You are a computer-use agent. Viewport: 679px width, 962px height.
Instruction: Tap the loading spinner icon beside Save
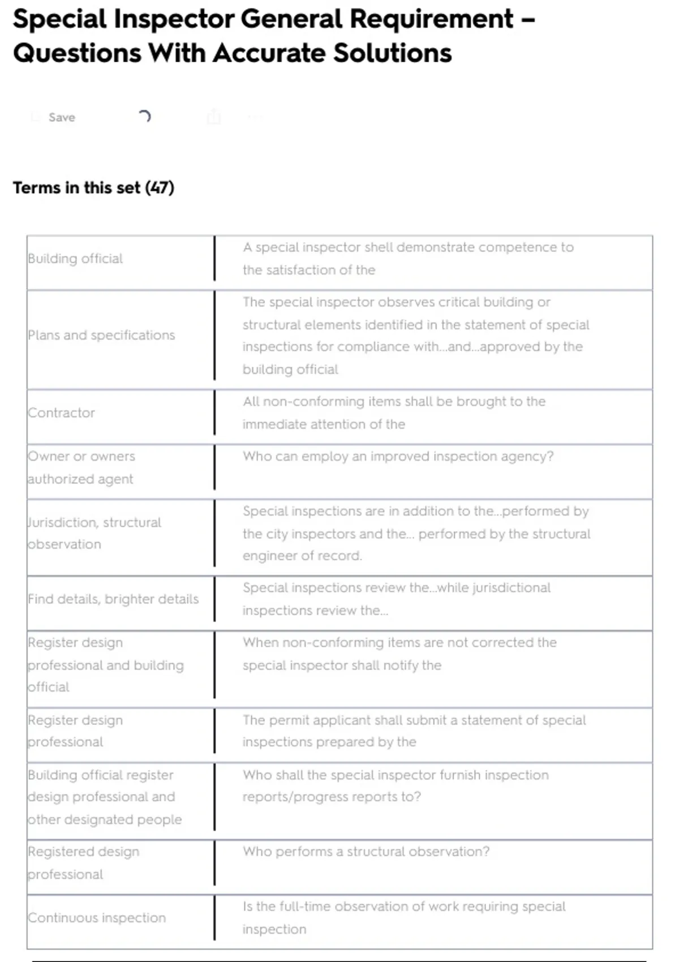coord(144,117)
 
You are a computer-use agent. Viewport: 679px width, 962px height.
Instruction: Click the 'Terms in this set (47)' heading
coord(93,187)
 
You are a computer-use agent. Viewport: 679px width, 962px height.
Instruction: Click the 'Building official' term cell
coord(75,259)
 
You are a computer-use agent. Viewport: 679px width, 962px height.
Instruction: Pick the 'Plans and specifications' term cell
coord(101,335)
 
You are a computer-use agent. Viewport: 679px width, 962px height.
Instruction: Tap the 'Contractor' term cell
coord(61,413)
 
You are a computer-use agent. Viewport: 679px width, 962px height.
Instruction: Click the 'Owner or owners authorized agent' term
coord(81,467)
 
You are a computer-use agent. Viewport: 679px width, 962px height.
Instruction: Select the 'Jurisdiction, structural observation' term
coord(94,533)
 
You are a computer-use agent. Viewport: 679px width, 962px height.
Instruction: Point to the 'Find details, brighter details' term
coord(113,599)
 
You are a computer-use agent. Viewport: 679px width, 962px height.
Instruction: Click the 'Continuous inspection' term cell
coord(97,917)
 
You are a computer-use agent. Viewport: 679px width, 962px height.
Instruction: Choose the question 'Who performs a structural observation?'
coord(366,852)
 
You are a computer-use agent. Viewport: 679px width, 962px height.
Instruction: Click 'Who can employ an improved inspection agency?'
coord(398,456)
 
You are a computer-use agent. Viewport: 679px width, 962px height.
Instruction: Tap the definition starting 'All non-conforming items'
coord(394,413)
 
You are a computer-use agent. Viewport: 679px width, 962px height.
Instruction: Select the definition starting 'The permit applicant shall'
coord(414,731)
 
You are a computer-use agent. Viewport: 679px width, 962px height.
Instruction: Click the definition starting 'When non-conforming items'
coord(399,654)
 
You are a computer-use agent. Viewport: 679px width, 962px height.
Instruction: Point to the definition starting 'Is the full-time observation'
coord(404,917)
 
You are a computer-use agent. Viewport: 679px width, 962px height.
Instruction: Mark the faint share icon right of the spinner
coord(214,117)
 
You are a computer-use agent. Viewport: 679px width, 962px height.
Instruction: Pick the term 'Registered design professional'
coord(83,862)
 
